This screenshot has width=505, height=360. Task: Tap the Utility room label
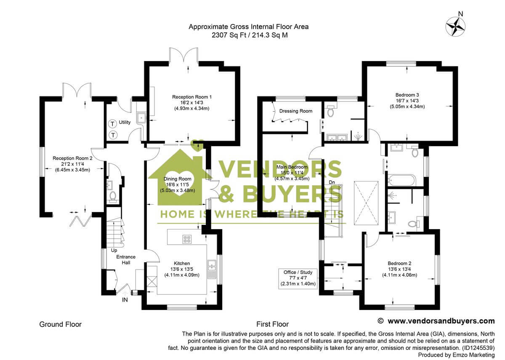tap(125, 123)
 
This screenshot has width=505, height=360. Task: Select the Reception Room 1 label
tap(191, 97)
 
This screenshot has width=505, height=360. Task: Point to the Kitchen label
tap(182, 264)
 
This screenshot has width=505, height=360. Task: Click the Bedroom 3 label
tap(407, 95)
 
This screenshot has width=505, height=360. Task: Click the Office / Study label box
tap(297, 278)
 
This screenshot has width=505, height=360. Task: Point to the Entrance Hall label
tap(125, 260)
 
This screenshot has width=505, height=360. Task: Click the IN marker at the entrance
tap(125, 300)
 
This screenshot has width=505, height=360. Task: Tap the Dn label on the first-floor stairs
tap(332, 182)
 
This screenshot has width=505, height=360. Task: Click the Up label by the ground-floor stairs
tap(114, 251)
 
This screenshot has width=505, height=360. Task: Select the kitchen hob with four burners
tap(187, 239)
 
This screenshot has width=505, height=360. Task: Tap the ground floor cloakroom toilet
tap(113, 196)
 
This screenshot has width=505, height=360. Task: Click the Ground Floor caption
tap(60, 324)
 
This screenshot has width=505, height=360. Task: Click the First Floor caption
tap(272, 324)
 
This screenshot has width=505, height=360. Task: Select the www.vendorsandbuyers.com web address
tap(441, 321)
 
